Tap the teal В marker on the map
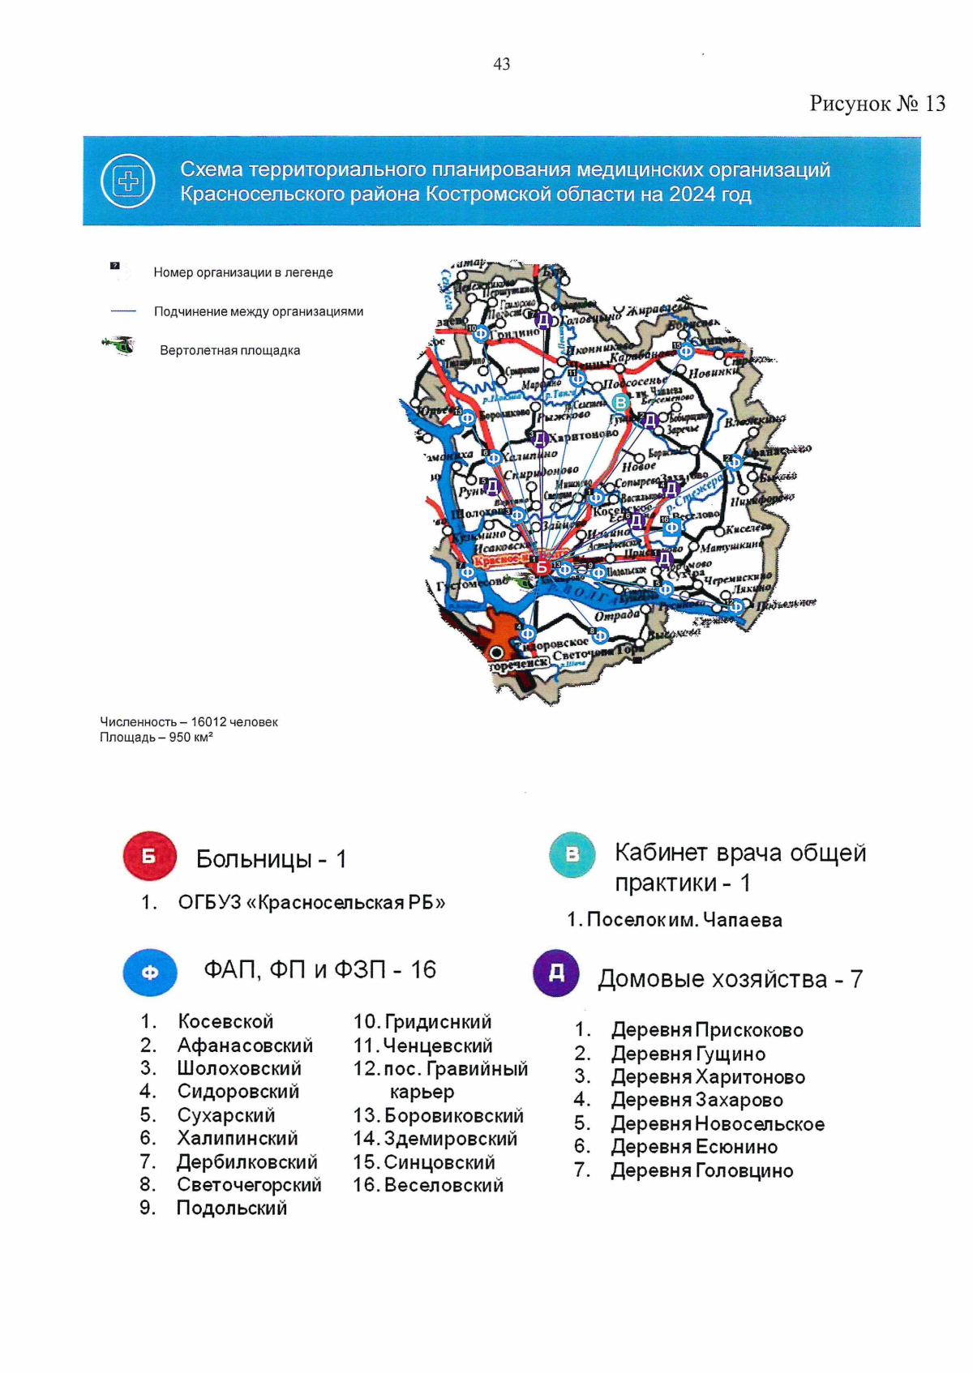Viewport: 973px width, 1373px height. coord(621,402)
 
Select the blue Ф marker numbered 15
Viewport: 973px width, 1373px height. coord(686,352)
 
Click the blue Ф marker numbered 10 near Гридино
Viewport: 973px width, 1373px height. coord(480,333)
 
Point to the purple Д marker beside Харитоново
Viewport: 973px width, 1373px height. coord(539,438)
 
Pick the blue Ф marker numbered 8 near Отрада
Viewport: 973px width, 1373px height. coord(600,636)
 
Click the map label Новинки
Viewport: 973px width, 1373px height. coord(714,372)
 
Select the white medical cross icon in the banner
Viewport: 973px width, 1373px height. coord(128,181)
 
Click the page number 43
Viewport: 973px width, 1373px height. coord(501,64)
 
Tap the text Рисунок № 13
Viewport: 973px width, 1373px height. coord(877,104)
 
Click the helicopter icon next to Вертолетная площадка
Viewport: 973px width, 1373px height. coord(119,346)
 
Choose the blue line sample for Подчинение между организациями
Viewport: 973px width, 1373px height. coord(123,310)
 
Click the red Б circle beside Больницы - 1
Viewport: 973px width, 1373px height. coord(149,856)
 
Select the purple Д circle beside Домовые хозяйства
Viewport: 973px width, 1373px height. coord(556,973)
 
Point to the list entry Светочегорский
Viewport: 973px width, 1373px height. coord(249,1185)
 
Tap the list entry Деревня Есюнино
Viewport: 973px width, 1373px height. coord(694,1147)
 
